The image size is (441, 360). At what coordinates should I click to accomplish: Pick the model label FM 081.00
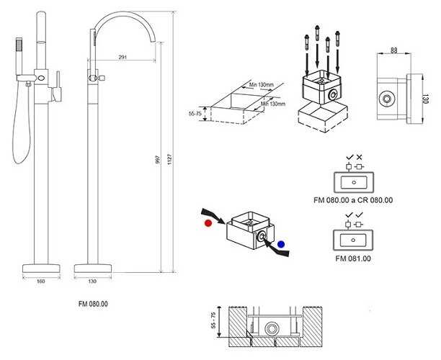(x=353, y=258)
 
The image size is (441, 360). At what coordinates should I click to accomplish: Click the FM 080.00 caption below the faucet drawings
(x=93, y=304)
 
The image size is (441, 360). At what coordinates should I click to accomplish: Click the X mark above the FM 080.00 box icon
(x=360, y=156)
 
